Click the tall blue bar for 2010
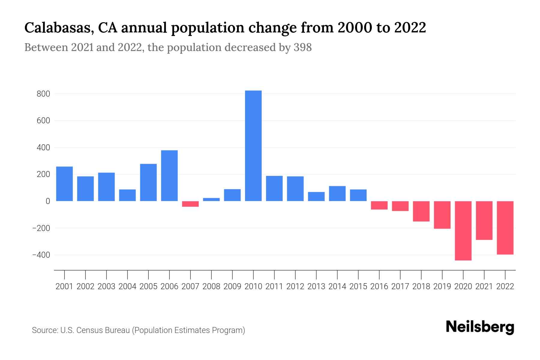[x=253, y=146]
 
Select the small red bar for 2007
[x=190, y=204]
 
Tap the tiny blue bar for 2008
[x=211, y=199]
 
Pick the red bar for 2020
[x=463, y=230]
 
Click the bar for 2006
[x=169, y=175]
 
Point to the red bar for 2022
[x=505, y=228]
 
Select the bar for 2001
[x=64, y=184]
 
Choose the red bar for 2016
[x=379, y=205]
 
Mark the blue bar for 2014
[x=337, y=193]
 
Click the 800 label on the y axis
[x=43, y=94]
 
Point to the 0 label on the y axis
[x=47, y=201]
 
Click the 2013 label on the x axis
[x=316, y=286]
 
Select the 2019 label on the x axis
[x=442, y=286]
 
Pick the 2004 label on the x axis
[x=127, y=286]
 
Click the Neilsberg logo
[x=480, y=327]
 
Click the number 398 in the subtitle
[x=302, y=47]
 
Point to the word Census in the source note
[x=88, y=330]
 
